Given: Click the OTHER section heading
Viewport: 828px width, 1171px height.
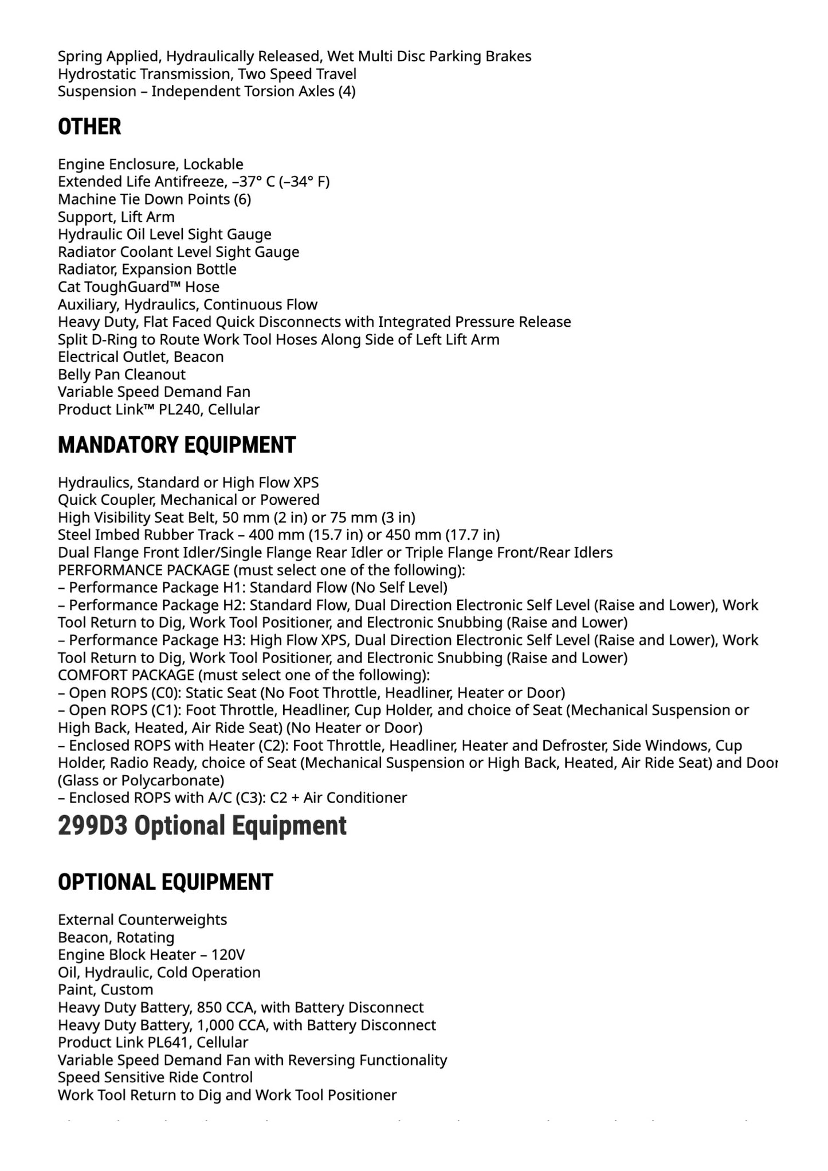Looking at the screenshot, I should [89, 127].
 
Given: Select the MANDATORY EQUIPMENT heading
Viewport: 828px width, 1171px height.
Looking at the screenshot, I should [176, 445].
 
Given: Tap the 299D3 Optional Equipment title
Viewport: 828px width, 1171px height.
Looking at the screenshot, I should [202, 826].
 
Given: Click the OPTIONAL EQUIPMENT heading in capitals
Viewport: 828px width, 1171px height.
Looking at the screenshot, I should [165, 882].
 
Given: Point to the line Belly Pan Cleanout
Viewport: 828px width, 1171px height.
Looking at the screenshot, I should [121, 374].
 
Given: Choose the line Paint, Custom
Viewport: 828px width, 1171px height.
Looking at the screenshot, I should [105, 989].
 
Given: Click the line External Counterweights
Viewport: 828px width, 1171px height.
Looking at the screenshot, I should [142, 919].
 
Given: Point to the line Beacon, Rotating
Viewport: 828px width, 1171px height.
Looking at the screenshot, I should [116, 937].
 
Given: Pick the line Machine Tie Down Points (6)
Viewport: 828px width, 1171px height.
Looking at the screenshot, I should [154, 199].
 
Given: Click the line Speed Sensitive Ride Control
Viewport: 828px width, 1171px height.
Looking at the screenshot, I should [155, 1077].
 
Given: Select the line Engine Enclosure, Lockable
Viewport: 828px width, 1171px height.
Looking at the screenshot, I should [150, 164].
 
